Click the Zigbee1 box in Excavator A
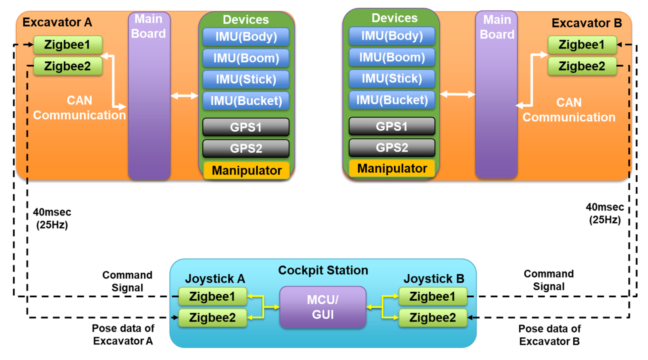[x=68, y=45]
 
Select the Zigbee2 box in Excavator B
[x=582, y=66]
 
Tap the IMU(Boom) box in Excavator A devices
[x=246, y=58]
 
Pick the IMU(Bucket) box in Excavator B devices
[x=392, y=100]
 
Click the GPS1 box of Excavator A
[x=246, y=127]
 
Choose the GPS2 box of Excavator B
[x=392, y=148]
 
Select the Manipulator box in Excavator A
[x=247, y=170]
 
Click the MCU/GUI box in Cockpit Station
[x=323, y=307]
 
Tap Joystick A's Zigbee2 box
[x=212, y=318]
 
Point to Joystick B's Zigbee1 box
[x=433, y=296]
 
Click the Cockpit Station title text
[x=323, y=270]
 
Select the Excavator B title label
[x=587, y=23]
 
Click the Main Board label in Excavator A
[x=148, y=26]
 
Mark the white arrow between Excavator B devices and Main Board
[x=458, y=94]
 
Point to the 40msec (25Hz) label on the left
[x=52, y=218]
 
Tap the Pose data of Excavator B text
[x=549, y=335]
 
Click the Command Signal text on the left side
[x=127, y=281]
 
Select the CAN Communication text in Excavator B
[x=569, y=110]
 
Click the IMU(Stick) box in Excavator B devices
[x=392, y=78]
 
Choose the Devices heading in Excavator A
[x=246, y=20]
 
